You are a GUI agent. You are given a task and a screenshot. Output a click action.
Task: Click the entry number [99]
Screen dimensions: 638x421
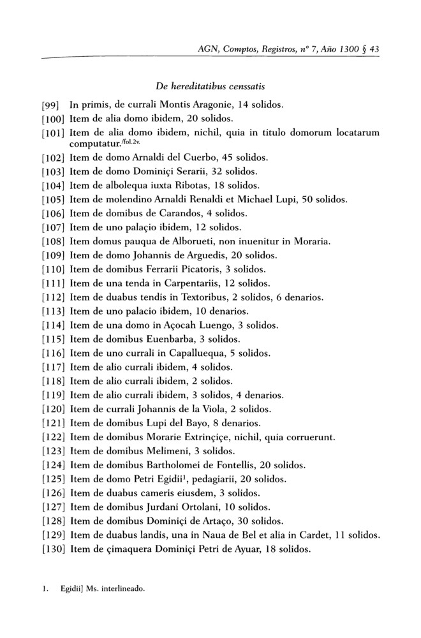pos(51,103)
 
